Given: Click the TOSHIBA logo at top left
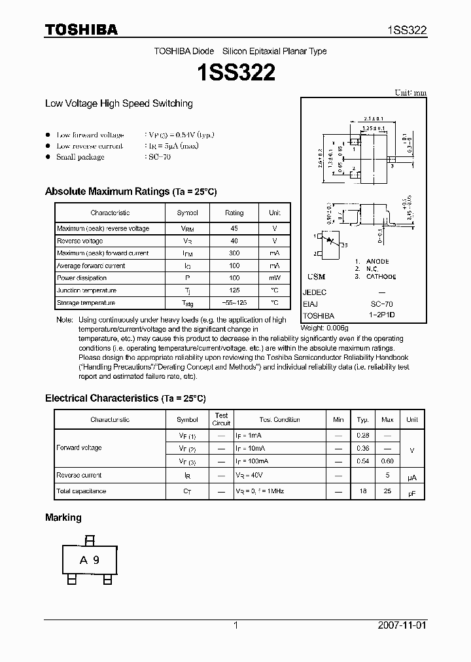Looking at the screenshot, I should pyautogui.click(x=80, y=29).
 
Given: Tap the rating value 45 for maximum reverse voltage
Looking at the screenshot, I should pyautogui.click(x=234, y=228).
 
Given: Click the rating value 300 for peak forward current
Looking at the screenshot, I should pyautogui.click(x=234, y=253).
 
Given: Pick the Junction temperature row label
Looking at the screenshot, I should pyautogui.click(x=86, y=290).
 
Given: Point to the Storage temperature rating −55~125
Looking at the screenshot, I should pyautogui.click(x=234, y=303).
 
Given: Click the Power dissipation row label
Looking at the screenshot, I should pyautogui.click(x=82, y=278).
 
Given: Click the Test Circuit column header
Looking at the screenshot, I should pyautogui.click(x=221, y=419).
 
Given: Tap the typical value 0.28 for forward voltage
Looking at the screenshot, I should pyautogui.click(x=362, y=435).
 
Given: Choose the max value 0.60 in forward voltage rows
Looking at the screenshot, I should pyautogui.click(x=387, y=461).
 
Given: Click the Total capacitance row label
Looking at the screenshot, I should pyautogui.click(x=81, y=491).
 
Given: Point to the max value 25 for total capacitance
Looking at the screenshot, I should pyautogui.click(x=387, y=491).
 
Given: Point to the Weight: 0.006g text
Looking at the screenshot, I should pyautogui.click(x=324, y=327).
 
